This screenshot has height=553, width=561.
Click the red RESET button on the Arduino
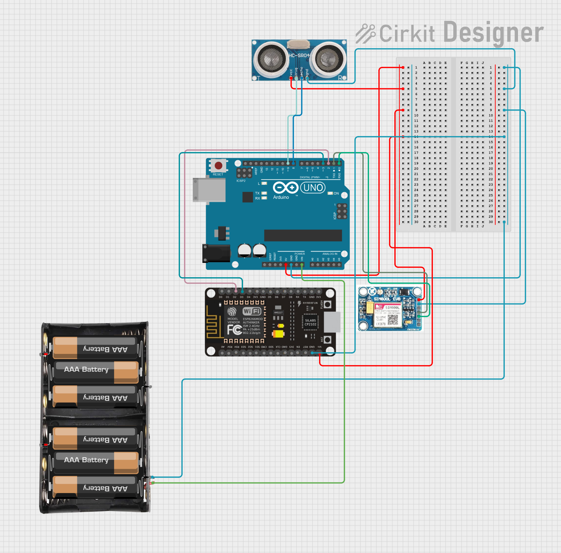point(218,166)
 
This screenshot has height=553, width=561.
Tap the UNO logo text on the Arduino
point(313,188)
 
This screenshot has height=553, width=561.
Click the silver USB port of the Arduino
point(209,190)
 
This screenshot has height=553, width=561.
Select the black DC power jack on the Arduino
point(216,253)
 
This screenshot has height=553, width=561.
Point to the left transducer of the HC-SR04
point(271,59)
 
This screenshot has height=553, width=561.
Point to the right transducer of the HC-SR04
point(328,59)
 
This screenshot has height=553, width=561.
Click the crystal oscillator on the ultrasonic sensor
point(299,44)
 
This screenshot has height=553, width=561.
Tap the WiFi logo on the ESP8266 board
point(252,311)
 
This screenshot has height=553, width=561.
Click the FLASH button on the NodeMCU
point(328,304)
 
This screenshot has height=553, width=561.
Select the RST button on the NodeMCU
point(328,340)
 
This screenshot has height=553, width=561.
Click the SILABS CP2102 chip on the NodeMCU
point(310,322)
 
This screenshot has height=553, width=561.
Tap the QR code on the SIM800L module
point(393,320)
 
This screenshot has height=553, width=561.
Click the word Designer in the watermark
point(493,33)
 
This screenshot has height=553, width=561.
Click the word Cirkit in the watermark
point(407,33)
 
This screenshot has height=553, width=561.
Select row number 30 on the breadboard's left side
point(416,222)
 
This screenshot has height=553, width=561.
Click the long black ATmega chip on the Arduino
point(303,235)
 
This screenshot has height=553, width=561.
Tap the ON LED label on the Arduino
point(336,193)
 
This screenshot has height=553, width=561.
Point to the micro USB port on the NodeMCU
point(332,322)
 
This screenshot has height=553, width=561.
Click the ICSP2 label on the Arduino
point(241,181)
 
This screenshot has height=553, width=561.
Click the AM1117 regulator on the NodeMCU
point(278,313)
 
